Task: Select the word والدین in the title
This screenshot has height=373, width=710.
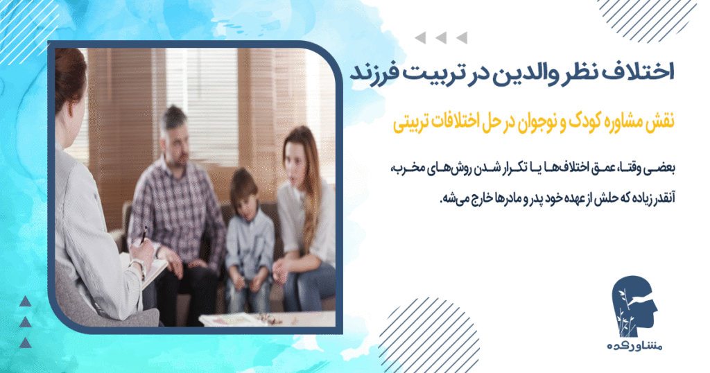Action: (x=489, y=73)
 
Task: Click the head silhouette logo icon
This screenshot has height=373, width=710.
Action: (x=637, y=306)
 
